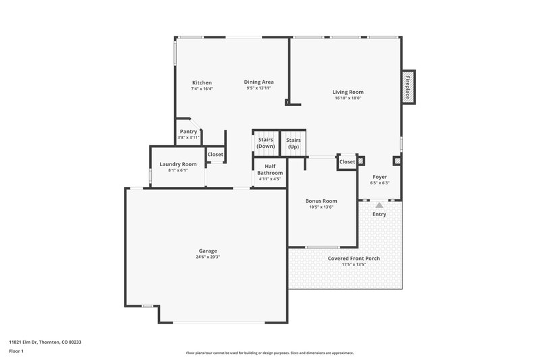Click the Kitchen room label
(x=201, y=82)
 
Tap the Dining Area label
(x=259, y=82)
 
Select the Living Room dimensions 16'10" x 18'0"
(x=348, y=98)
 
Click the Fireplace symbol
(x=408, y=87)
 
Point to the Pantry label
(x=188, y=131)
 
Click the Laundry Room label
(x=178, y=164)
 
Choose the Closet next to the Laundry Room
(x=215, y=155)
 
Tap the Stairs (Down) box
(x=266, y=143)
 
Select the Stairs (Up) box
(x=293, y=143)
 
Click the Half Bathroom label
(x=269, y=170)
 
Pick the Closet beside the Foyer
(x=347, y=162)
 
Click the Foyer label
(x=380, y=176)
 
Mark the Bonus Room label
(x=321, y=201)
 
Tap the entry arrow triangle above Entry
(x=379, y=205)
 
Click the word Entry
(x=379, y=214)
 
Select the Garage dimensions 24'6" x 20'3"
(x=208, y=257)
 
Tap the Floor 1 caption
(x=16, y=352)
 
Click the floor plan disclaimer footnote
(x=269, y=353)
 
